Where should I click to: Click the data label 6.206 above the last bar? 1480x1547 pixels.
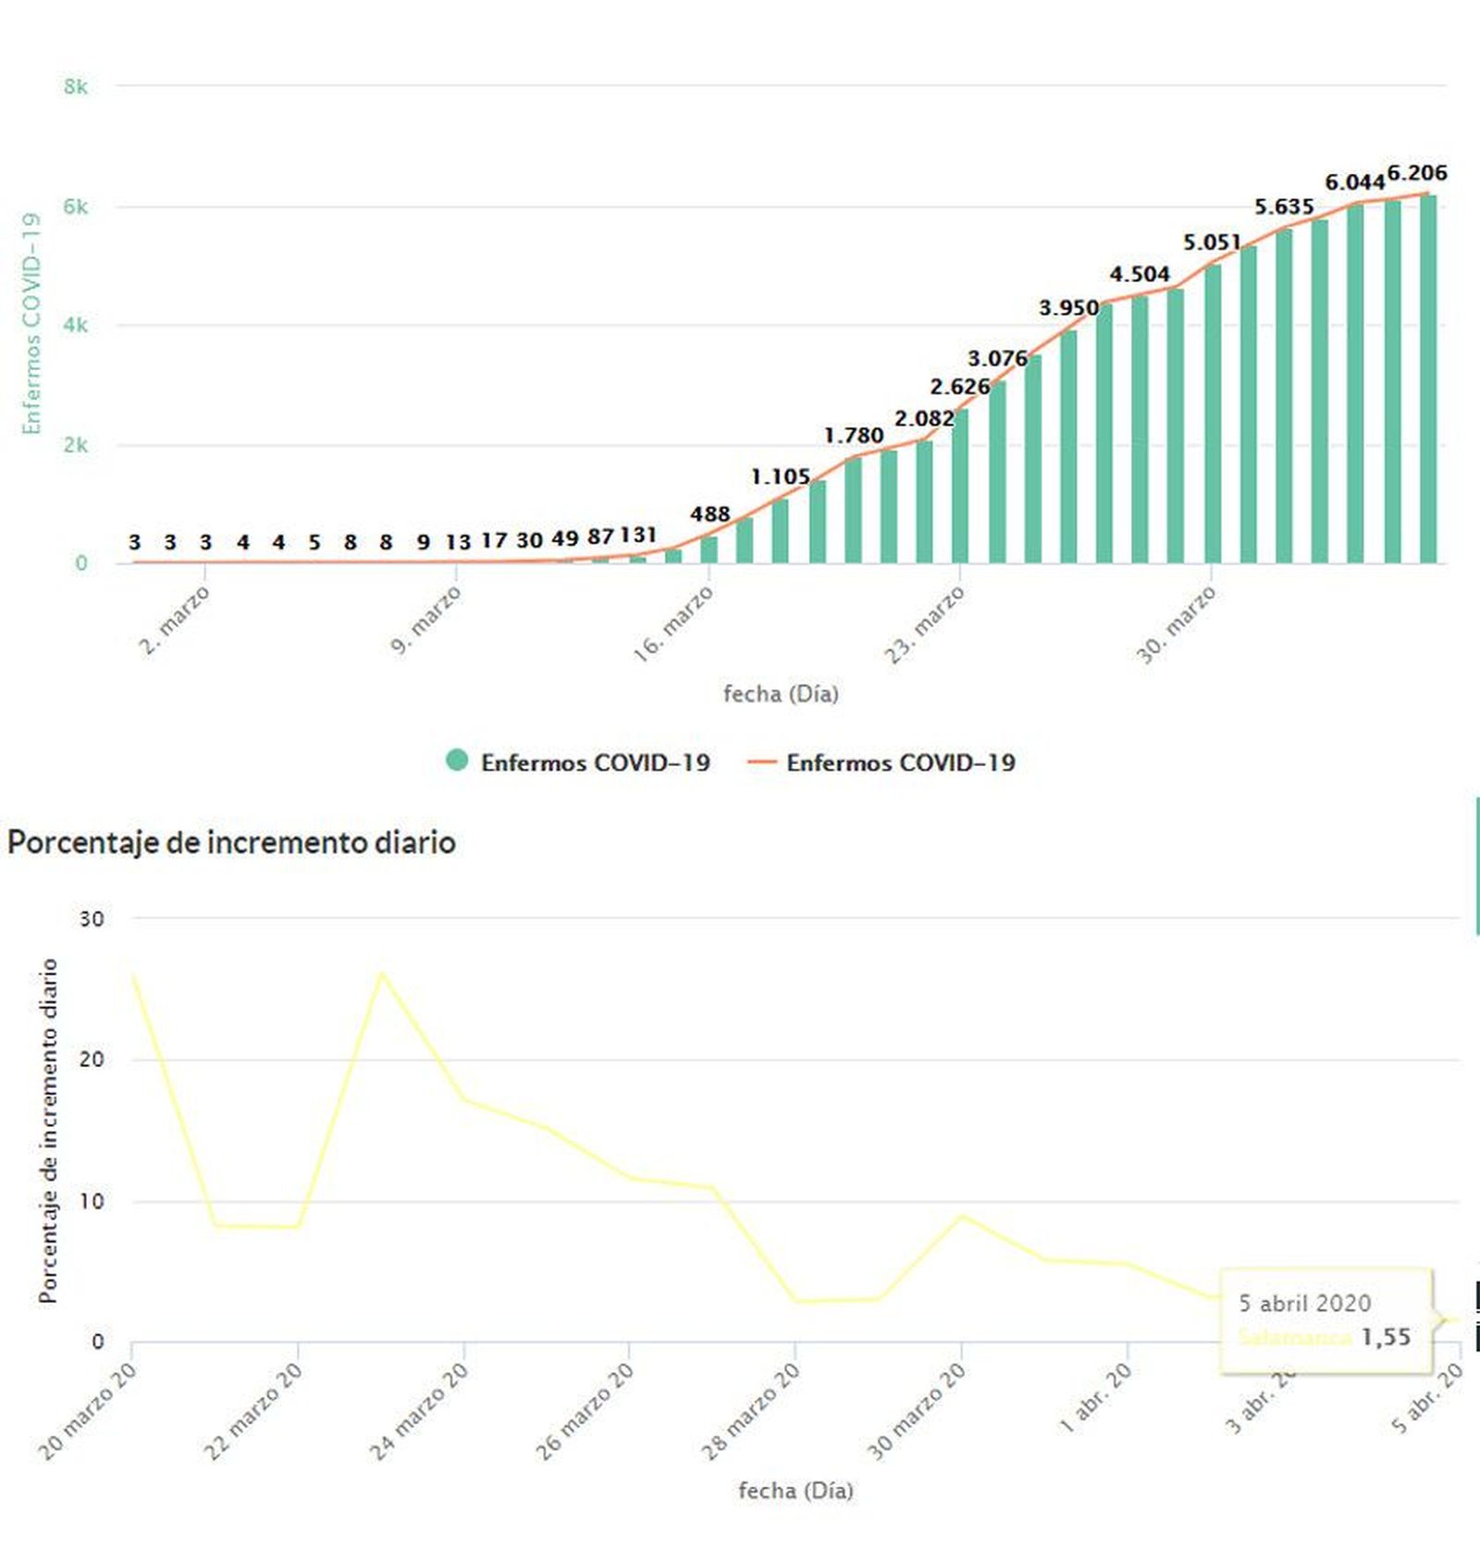(1416, 173)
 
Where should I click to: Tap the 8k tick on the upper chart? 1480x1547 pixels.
(76, 87)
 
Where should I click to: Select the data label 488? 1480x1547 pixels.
(709, 514)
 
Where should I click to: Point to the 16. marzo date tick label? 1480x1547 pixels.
(672, 625)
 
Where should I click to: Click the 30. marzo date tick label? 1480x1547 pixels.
(1176, 625)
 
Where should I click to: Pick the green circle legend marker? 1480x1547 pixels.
(457, 761)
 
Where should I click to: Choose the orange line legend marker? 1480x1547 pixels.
(761, 762)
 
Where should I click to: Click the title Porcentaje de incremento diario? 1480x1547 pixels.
(231, 843)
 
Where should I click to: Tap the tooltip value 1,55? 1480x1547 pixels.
(1385, 1337)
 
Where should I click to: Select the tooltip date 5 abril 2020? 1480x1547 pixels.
(1304, 1303)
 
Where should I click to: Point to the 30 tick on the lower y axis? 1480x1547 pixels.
(92, 920)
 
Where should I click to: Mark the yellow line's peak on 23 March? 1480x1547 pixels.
(382, 973)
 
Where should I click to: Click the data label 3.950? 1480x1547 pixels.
(1068, 308)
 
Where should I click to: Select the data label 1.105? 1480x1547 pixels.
(780, 477)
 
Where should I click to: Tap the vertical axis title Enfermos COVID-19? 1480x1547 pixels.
(32, 324)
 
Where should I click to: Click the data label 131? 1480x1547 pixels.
(638, 536)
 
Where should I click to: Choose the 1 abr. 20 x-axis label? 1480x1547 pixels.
(1095, 1399)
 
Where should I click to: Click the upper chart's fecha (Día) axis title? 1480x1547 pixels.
(781, 694)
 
